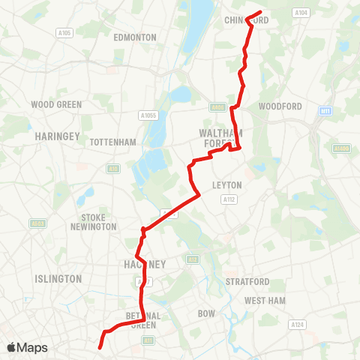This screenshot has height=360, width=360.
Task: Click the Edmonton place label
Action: (135, 37)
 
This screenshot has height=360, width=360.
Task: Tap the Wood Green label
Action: (57, 105)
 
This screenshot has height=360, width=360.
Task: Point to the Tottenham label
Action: (112, 142)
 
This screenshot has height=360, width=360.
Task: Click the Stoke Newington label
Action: (94, 222)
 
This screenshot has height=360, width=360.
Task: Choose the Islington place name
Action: (58, 278)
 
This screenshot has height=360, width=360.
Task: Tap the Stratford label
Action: (247, 281)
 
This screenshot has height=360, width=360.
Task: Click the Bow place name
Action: (205, 313)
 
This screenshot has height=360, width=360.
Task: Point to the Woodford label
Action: (280, 106)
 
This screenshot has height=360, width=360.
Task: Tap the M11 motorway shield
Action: (325, 111)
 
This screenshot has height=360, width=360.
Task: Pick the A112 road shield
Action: (229, 199)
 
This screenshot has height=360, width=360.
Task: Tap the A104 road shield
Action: (301, 13)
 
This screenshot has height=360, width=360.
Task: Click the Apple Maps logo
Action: (27, 347)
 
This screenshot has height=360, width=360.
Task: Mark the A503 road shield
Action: (37, 223)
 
